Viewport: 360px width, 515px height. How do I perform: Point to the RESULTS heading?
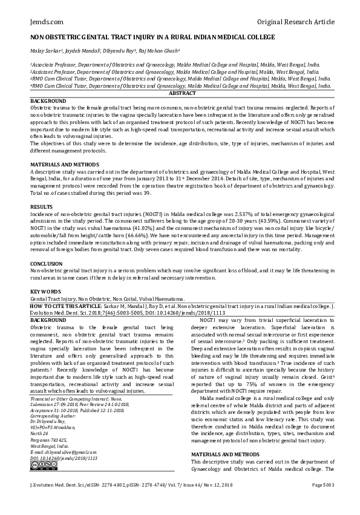point(42,206)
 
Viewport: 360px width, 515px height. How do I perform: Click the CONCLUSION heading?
point(47,264)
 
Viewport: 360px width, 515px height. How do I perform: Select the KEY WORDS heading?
point(46,292)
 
